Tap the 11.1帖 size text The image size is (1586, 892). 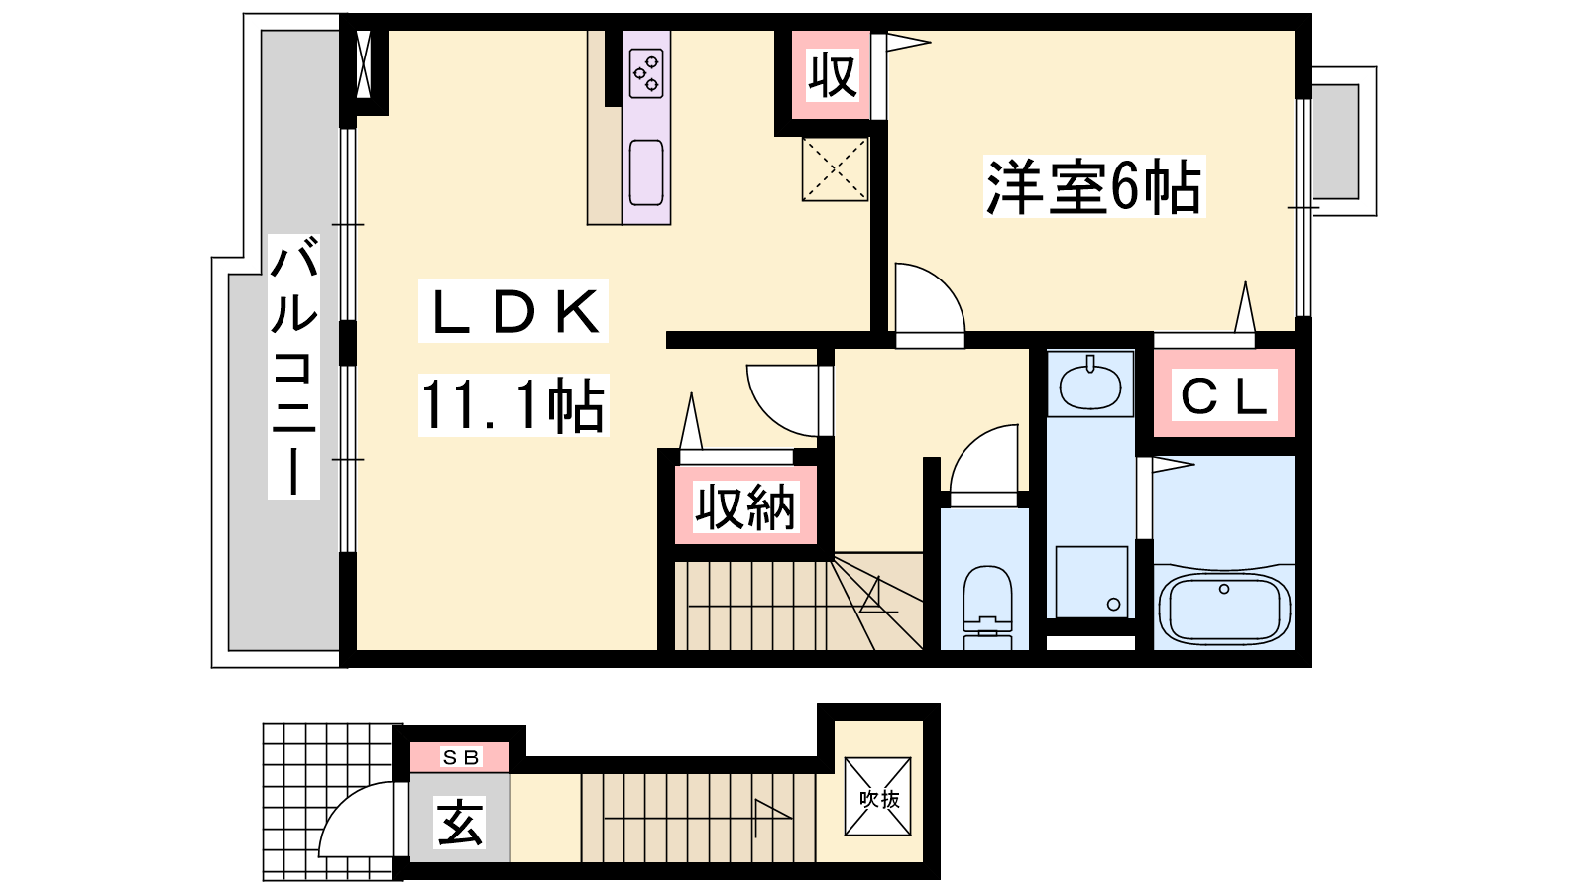click(513, 405)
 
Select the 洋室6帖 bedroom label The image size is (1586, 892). click(1094, 186)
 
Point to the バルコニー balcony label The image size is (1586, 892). click(293, 366)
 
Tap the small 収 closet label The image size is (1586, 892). click(834, 74)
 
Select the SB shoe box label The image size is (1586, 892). click(461, 757)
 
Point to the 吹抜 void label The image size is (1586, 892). click(878, 799)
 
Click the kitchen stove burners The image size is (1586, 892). click(647, 73)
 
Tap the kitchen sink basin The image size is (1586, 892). click(646, 172)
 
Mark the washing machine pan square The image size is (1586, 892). click(1091, 582)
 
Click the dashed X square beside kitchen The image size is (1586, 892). click(835, 169)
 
